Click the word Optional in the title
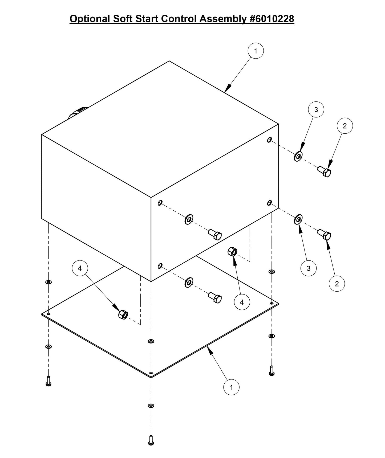90,19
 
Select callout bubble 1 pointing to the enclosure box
256,51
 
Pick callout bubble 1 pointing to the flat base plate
231,387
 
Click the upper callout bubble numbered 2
345,126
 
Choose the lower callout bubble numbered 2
337,284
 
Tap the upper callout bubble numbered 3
316,109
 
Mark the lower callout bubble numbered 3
309,268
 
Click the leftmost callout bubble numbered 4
80,268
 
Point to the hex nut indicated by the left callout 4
123,315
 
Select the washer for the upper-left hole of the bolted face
189,219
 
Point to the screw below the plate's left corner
48,381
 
